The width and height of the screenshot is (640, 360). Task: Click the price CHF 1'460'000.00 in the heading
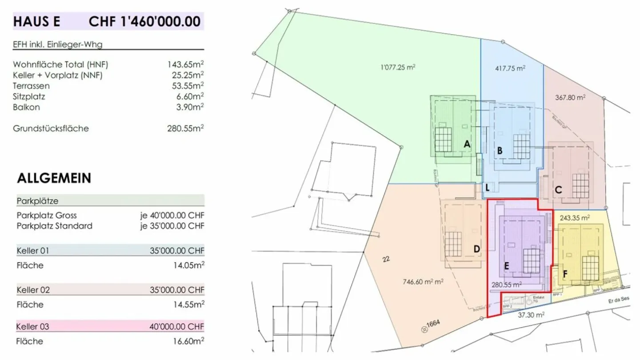click(145, 21)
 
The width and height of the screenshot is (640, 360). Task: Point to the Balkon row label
click(27, 107)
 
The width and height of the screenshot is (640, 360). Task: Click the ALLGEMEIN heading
click(54, 178)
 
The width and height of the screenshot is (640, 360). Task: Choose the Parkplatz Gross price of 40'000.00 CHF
click(172, 215)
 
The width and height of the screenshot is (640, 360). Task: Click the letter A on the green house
click(467, 144)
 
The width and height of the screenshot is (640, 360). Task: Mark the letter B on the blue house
click(500, 151)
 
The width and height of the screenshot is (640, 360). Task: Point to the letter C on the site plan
click(558, 190)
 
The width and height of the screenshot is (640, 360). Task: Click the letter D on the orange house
click(476, 249)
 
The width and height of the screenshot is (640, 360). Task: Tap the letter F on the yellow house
click(564, 274)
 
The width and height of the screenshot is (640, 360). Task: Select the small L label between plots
click(488, 188)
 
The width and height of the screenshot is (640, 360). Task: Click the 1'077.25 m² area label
click(398, 68)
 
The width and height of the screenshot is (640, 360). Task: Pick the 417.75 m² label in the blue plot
click(510, 68)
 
